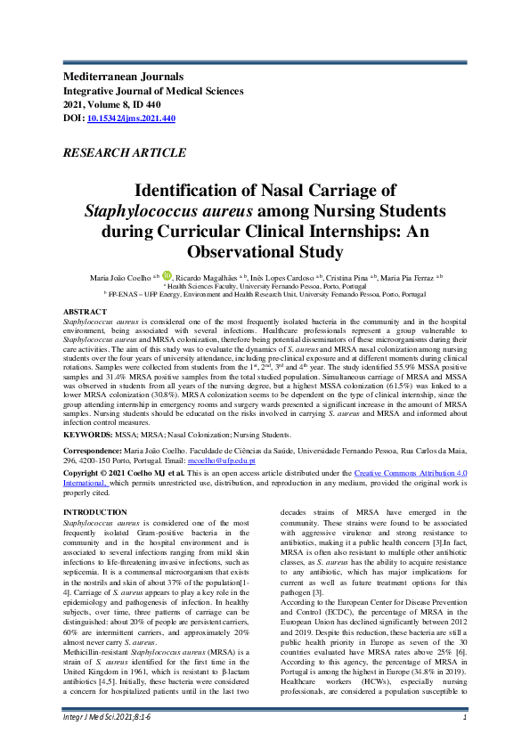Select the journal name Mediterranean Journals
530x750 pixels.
123,77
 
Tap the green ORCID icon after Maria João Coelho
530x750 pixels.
166,277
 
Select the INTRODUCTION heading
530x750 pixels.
95,512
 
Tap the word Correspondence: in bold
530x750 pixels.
95,451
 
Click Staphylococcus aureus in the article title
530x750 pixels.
169,210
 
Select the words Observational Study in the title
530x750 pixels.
265,252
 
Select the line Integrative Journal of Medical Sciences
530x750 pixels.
152,91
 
